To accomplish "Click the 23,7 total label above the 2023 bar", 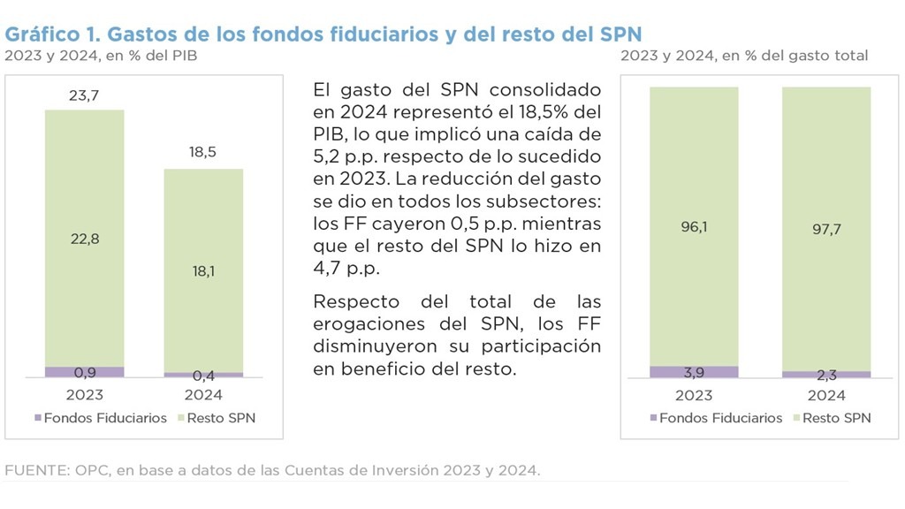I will pyautogui.click(x=84, y=95).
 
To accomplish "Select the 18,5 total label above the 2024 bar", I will pyautogui.click(x=202, y=152).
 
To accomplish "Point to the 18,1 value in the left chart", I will pyautogui.click(x=202, y=271).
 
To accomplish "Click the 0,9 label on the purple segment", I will pyautogui.click(x=84, y=372).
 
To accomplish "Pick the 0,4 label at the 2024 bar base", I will pyautogui.click(x=202, y=376).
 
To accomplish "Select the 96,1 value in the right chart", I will pyautogui.click(x=694, y=226).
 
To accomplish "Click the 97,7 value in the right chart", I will pyautogui.click(x=825, y=228).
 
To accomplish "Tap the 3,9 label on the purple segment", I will pyautogui.click(x=694, y=372).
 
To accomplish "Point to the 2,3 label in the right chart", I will pyautogui.click(x=825, y=376).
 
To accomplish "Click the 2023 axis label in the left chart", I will pyautogui.click(x=84, y=395).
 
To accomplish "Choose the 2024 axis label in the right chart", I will pyautogui.click(x=825, y=395).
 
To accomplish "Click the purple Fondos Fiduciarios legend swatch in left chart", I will pyautogui.click(x=36, y=418).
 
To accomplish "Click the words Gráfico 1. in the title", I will pyautogui.click(x=52, y=34).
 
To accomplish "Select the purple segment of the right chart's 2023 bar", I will pyautogui.click(x=694, y=372).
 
